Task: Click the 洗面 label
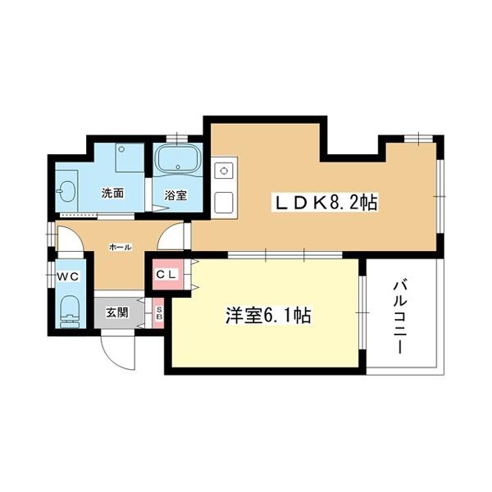112,194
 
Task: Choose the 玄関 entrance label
116,312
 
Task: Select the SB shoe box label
159,312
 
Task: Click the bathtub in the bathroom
176,162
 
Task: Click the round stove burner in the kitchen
221,171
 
